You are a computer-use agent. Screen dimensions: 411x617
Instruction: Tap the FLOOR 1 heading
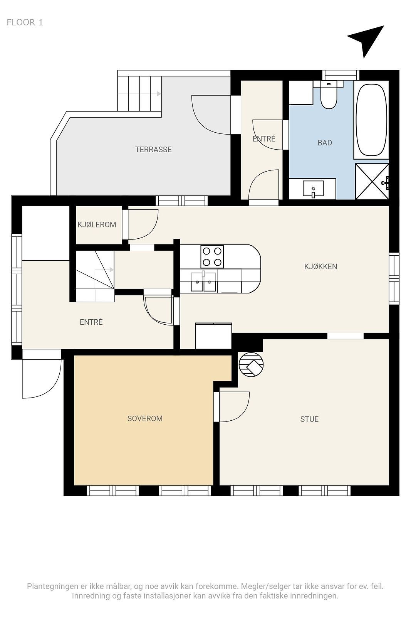coord(25,22)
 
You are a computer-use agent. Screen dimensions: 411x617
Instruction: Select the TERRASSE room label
coord(153,150)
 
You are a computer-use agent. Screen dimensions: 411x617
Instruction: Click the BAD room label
coord(325,143)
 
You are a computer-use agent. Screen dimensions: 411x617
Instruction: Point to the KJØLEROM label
coord(97,225)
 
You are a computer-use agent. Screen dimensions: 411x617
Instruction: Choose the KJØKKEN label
coord(320,266)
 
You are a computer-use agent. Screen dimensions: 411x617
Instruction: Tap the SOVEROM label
coord(145,419)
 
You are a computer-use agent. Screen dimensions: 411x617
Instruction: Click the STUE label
coord(309,419)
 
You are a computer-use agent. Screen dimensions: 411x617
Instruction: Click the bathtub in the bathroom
coord(371,120)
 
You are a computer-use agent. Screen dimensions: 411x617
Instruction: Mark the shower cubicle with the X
coord(372,182)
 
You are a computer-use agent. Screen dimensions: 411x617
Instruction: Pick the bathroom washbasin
coord(313,189)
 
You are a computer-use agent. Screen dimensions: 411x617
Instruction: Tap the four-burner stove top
coord(212,257)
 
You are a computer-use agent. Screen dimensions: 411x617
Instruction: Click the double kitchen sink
coord(204,282)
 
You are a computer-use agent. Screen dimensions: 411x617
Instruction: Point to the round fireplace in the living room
coord(251,364)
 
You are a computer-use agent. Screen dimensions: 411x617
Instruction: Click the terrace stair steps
coord(139,94)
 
